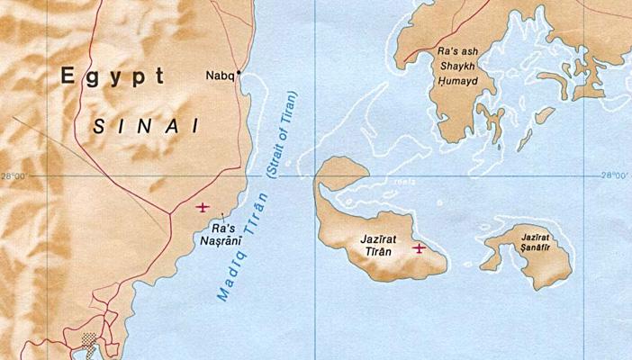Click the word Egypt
click(113, 77)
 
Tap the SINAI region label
click(146, 126)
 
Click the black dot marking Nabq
click(239, 77)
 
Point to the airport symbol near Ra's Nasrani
click(203, 207)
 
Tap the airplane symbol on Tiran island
click(418, 247)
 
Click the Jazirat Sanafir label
click(534, 244)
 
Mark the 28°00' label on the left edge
click(15, 176)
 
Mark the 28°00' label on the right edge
click(615, 176)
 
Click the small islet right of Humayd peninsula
click(544, 115)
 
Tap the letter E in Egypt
click(68, 77)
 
